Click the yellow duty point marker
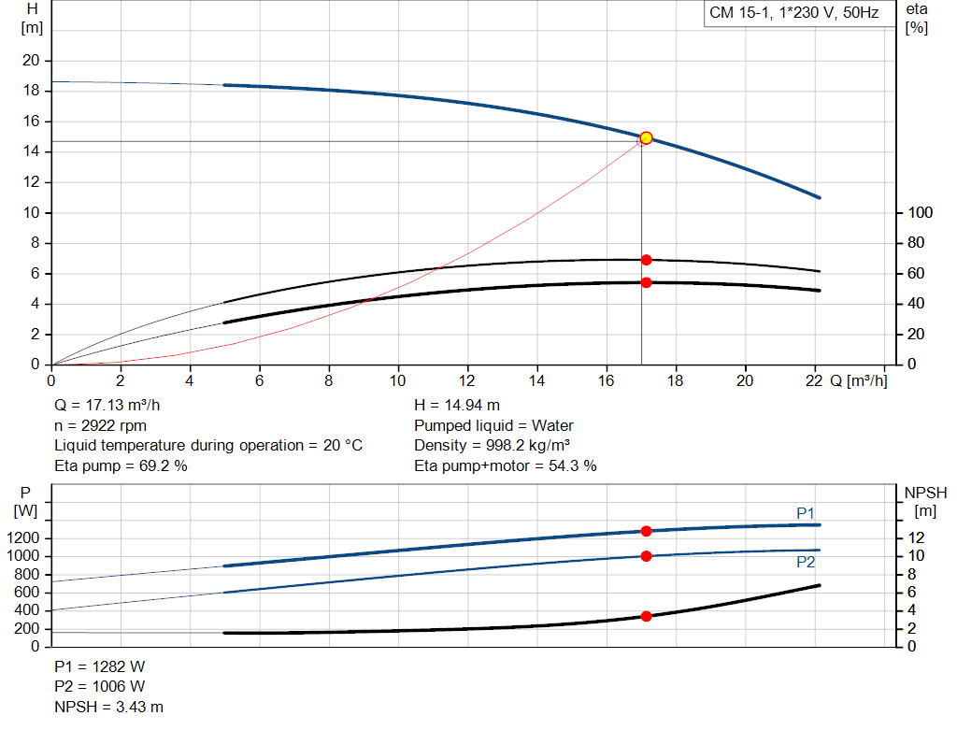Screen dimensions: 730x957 pyautogui.click(x=646, y=138)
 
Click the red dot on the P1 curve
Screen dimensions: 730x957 pyautogui.click(x=646, y=531)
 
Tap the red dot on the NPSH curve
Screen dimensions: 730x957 pyautogui.click(x=646, y=616)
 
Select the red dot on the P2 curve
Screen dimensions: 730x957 pyautogui.click(x=646, y=556)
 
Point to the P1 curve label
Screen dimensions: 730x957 pyautogui.click(x=806, y=513)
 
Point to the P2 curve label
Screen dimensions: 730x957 pyautogui.click(x=806, y=562)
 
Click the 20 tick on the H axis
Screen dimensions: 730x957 pyautogui.click(x=31, y=61)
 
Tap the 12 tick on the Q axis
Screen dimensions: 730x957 pyautogui.click(x=467, y=380)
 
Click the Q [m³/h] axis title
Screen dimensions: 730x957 pyautogui.click(x=857, y=380)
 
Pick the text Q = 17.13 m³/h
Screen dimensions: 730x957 pyautogui.click(x=114, y=406)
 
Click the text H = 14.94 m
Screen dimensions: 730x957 pyautogui.click(x=457, y=406)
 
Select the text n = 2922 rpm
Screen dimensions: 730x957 pyautogui.click(x=100, y=425)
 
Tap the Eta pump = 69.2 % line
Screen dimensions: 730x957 pyautogui.click(x=121, y=465)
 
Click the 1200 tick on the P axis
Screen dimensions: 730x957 pyautogui.click(x=27, y=538)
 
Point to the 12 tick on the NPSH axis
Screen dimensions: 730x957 pyautogui.click(x=915, y=538)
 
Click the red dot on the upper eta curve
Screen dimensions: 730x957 pyautogui.click(x=646, y=260)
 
